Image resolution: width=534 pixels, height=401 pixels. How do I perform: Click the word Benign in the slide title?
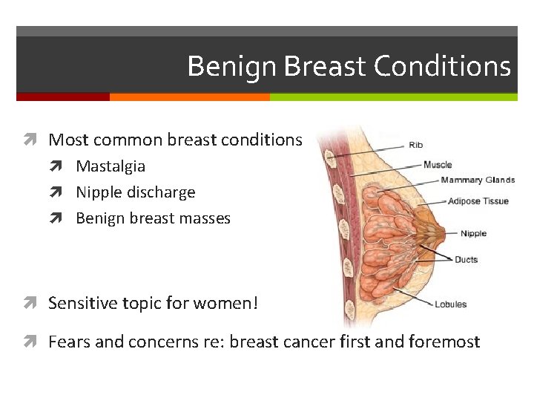(232, 67)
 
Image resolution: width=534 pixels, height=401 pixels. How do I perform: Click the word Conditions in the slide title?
(442, 67)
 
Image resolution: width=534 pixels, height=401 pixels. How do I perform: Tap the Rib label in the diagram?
(416, 145)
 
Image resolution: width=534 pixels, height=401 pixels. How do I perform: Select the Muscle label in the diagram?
(438, 165)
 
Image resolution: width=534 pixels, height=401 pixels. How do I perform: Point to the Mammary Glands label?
(478, 180)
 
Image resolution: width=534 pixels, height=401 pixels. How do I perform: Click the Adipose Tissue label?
(478, 201)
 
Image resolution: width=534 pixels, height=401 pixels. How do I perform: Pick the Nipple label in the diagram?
(473, 233)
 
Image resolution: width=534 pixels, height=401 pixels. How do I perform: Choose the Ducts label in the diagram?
(466, 259)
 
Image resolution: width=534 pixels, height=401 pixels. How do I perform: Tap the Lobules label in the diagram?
(451, 304)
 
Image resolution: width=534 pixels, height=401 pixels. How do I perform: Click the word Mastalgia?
(111, 166)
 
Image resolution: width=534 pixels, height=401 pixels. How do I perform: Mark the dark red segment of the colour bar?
(63, 97)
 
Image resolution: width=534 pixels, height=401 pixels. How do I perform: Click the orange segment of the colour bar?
(189, 97)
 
